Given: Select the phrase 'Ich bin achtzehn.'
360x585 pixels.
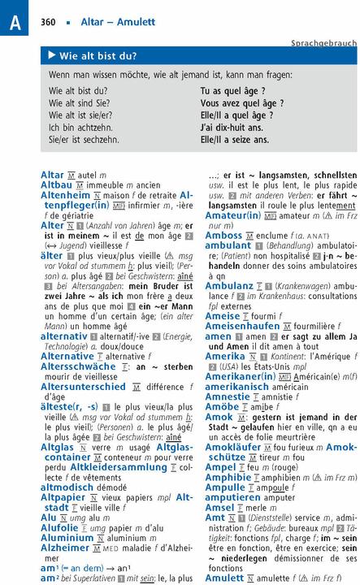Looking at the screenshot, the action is coord(80,128).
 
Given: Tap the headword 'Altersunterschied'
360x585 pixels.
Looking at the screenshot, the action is coord(84,387).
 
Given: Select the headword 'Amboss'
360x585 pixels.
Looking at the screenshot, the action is coord(223,235).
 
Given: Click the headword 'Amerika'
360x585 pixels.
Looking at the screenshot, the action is coord(224,356).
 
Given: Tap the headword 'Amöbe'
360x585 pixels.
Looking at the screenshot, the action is coord(222,406).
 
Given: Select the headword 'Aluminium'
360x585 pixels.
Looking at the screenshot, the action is coord(67,537).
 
